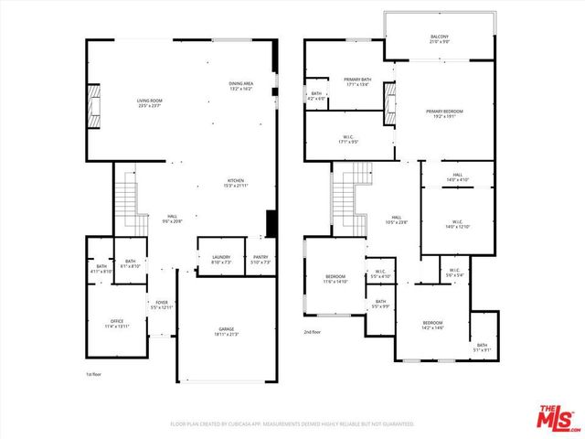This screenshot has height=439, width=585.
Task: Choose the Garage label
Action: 226,331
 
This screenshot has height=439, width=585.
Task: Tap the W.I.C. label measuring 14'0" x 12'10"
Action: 457,223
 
